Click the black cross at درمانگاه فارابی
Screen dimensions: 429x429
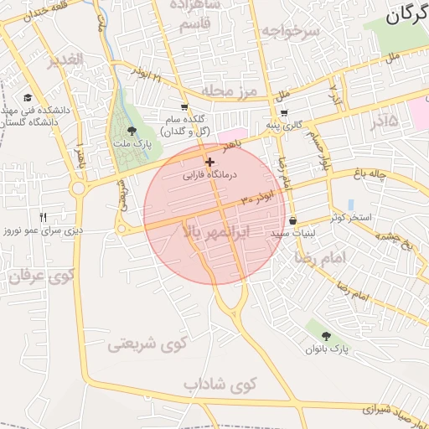click(209, 161)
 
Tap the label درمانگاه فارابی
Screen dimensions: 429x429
click(210, 175)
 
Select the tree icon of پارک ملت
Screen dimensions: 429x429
click(132, 131)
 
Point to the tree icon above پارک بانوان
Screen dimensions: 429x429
click(326, 335)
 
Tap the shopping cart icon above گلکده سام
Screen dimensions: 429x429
click(184, 107)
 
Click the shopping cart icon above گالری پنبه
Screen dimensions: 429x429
click(284, 113)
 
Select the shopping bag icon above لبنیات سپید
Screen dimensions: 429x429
click(292, 221)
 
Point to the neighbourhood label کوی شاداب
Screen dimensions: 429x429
click(220, 385)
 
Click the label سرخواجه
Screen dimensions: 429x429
click(290, 30)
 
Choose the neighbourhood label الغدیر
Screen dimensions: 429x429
click(65, 59)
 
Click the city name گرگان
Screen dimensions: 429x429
click(406, 14)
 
